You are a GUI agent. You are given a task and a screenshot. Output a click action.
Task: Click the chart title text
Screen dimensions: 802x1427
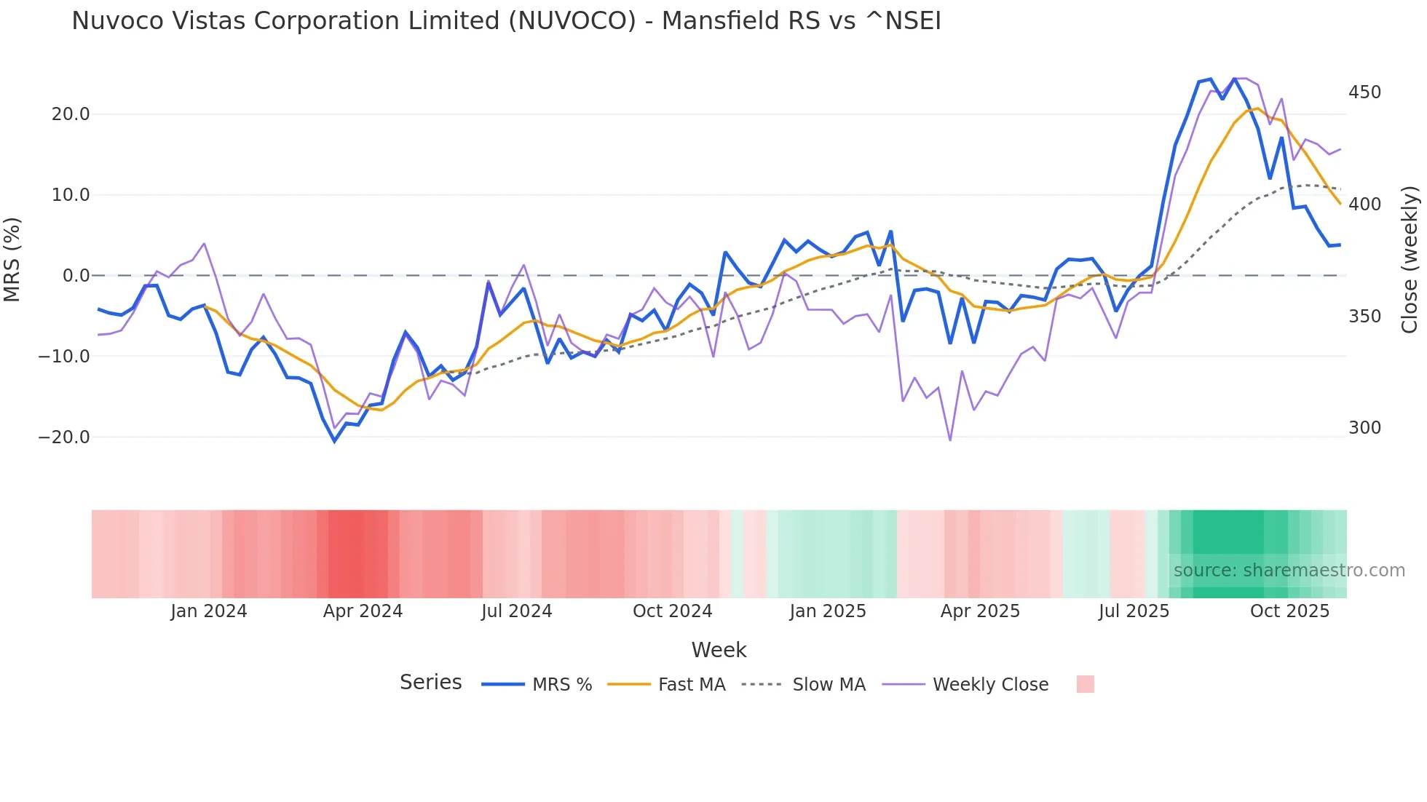[x=506, y=21]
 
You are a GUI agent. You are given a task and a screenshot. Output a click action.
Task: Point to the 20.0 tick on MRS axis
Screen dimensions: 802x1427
[x=71, y=114]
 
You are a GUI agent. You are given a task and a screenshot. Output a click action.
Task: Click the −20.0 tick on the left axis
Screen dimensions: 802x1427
[x=65, y=437]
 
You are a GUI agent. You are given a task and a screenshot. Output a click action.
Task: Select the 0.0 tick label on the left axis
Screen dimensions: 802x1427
[x=76, y=276]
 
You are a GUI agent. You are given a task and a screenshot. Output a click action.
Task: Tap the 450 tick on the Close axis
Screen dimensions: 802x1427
[x=1364, y=92]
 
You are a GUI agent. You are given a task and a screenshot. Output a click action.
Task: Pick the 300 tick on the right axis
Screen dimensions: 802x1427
[x=1364, y=428]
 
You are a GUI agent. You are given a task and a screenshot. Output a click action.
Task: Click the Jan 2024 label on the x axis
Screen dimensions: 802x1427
[x=209, y=611]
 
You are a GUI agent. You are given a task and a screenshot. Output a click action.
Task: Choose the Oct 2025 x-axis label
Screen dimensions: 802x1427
[x=1289, y=611]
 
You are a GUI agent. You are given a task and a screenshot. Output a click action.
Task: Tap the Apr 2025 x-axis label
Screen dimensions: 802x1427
[x=980, y=611]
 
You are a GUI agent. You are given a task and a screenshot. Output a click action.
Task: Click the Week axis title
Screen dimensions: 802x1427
[x=719, y=650]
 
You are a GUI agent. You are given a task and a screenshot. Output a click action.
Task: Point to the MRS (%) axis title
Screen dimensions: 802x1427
[x=12, y=259]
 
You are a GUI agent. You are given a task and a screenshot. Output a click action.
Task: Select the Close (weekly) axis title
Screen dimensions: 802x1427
[x=1410, y=259]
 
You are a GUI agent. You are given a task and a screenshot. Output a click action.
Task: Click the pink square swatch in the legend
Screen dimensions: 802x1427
[x=1085, y=684]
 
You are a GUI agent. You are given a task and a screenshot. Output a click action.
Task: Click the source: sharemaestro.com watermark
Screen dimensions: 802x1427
[x=1289, y=571]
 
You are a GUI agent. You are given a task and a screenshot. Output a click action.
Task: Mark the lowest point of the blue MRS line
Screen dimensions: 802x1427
[x=335, y=441]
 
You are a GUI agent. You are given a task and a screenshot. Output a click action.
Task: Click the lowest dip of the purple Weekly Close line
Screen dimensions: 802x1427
[x=950, y=440]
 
